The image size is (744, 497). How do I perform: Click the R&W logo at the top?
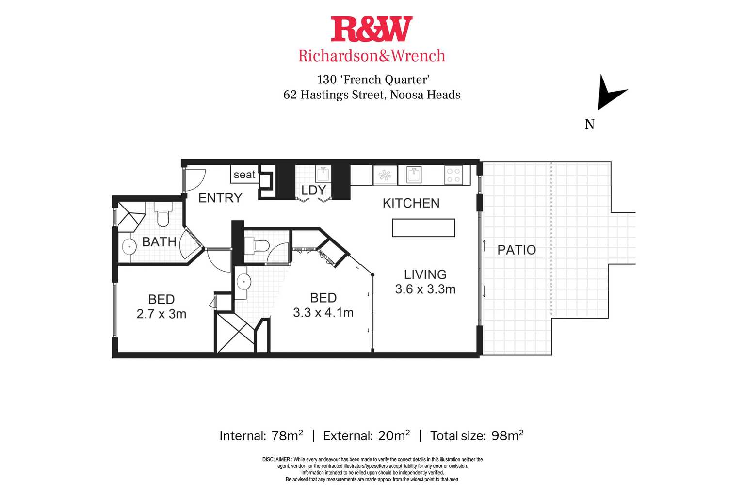coord(372,29)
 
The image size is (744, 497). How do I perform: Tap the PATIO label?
coord(517,250)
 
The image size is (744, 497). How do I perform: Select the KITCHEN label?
coord(411,203)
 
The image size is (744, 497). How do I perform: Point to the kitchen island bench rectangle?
coord(423,228)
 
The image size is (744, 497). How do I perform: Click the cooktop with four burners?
coord(453,175)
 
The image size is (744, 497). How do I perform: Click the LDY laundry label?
coord(313,190)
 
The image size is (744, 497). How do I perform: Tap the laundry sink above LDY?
coord(323,174)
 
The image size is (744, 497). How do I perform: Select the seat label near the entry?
coord(244,175)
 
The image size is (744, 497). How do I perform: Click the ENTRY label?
coord(220,198)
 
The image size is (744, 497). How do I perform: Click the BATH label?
coord(159,241)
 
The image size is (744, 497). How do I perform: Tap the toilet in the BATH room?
coord(162,214)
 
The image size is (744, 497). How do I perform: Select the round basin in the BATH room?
coord(129,247)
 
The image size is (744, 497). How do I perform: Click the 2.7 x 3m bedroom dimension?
coord(162,314)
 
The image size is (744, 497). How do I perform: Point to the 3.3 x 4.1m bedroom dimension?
coord(323,312)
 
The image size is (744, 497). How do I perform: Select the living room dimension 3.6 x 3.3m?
coord(425,289)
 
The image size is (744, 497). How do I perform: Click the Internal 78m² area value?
coord(287,435)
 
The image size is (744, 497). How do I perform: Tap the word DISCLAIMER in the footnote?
coord(276,459)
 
